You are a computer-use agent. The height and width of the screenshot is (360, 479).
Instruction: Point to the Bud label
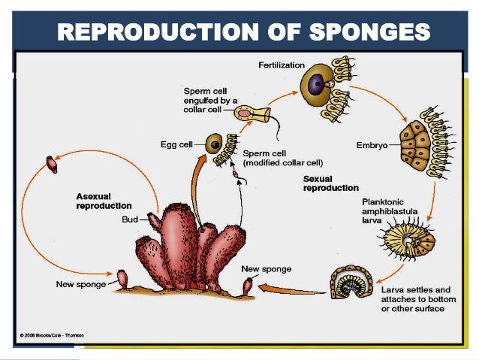tap(129, 220)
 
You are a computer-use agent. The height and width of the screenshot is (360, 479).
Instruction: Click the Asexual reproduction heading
tap(104, 201)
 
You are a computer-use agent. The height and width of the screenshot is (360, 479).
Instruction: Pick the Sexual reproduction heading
tap(330, 183)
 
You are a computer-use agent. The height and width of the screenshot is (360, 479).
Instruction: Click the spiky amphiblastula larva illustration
tap(408, 243)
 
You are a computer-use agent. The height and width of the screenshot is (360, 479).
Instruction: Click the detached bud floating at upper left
tap(52, 163)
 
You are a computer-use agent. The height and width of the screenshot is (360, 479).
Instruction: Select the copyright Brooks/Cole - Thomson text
tap(52, 334)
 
